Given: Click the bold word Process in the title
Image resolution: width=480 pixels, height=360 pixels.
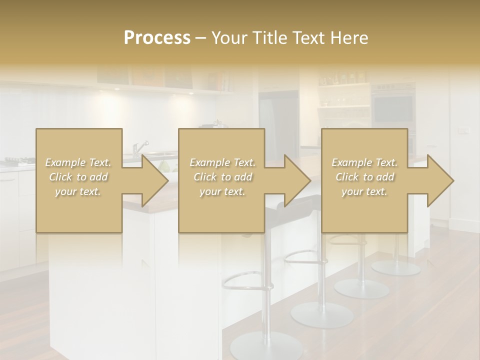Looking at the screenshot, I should point(157,37).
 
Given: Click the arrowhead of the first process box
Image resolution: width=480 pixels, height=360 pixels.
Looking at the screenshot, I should point(155,181).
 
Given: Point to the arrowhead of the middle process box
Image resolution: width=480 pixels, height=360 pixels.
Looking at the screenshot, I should point(298,181).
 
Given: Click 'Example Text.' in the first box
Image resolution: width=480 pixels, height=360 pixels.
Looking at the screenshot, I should point(78,162).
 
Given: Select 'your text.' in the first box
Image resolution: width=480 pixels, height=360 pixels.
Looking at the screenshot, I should point(78,191).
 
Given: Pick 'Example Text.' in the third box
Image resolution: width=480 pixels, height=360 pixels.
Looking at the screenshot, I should point(364,162).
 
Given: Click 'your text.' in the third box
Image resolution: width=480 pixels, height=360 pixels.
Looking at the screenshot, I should point(364,191).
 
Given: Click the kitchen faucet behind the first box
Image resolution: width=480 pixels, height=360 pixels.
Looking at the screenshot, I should point(140,147).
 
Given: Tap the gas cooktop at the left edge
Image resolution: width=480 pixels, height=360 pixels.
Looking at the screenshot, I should point(17,161).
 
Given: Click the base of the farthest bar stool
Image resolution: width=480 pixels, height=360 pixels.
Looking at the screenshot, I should point(396,267).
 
